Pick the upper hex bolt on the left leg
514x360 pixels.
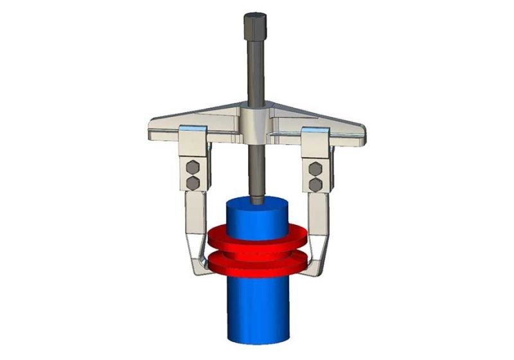coord(193,169)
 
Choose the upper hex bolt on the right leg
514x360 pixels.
coord(315,169)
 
